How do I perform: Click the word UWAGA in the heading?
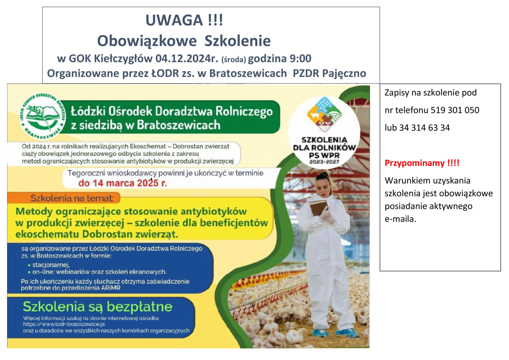click(174, 20)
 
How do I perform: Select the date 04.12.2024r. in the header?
click(187, 58)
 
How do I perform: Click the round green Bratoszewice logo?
click(42, 117)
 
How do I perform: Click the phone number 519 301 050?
click(455, 110)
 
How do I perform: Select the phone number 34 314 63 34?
click(424, 128)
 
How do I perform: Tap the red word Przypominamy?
click(414, 163)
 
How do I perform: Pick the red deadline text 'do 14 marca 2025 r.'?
click(123, 183)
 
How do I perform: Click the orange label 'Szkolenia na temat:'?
click(72, 198)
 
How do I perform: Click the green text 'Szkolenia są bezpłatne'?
click(98, 307)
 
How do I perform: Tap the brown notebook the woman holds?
click(318, 208)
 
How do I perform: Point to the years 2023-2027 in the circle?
click(324, 162)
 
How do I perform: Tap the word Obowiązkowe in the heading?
click(147, 41)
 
